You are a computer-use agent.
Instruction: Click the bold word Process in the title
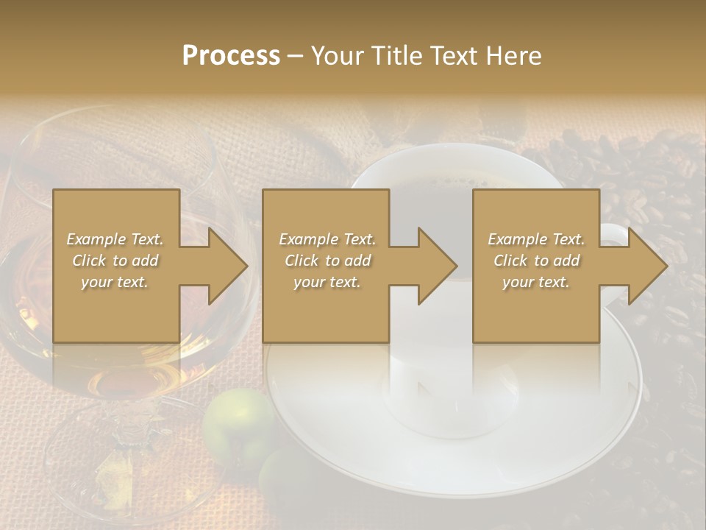coord(231,55)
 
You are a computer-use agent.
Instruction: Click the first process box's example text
coord(115,261)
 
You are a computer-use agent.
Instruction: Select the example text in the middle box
coord(327,261)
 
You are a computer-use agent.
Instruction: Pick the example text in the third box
coord(536,261)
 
